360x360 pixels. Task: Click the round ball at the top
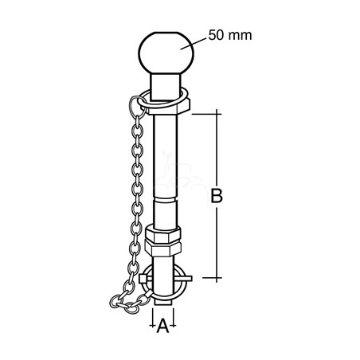[166, 53]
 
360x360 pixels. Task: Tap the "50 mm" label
[230, 35]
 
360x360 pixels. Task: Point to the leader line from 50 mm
[194, 44]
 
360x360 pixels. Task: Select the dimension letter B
[217, 196]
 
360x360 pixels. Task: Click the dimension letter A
[162, 326]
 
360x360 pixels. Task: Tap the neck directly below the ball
[166, 87]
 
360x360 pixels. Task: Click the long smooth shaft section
[165, 156]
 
